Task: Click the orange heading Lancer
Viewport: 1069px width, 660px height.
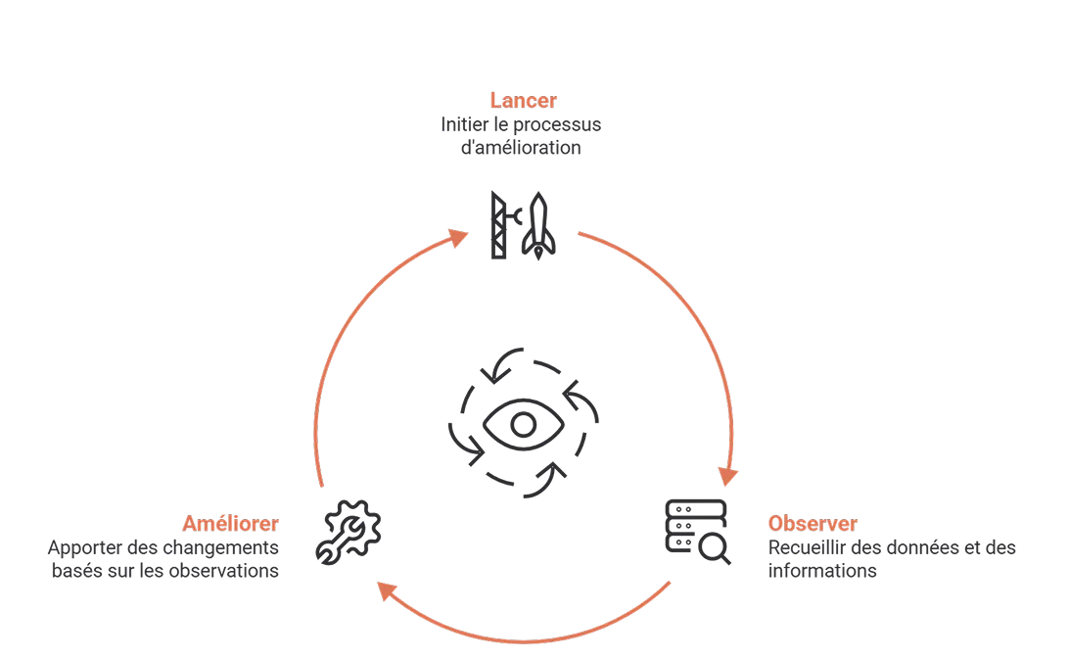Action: (x=523, y=100)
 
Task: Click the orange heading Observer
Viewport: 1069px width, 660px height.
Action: (x=813, y=523)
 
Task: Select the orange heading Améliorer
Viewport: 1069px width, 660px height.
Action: (x=230, y=523)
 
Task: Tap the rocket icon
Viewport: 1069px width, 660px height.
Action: (x=538, y=225)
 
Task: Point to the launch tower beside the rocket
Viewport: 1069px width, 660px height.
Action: (x=503, y=225)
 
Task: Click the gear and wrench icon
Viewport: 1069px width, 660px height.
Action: (x=349, y=533)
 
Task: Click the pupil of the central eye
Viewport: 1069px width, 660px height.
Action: (x=523, y=425)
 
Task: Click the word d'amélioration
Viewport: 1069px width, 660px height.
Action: (x=521, y=147)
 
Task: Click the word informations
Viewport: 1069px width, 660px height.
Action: (x=822, y=570)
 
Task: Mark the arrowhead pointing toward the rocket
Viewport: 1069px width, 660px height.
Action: (x=458, y=238)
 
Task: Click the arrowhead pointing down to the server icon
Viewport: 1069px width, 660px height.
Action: (x=727, y=476)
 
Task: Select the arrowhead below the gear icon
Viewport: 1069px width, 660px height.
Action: (x=387, y=590)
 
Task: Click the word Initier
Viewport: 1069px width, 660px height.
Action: (x=464, y=124)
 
